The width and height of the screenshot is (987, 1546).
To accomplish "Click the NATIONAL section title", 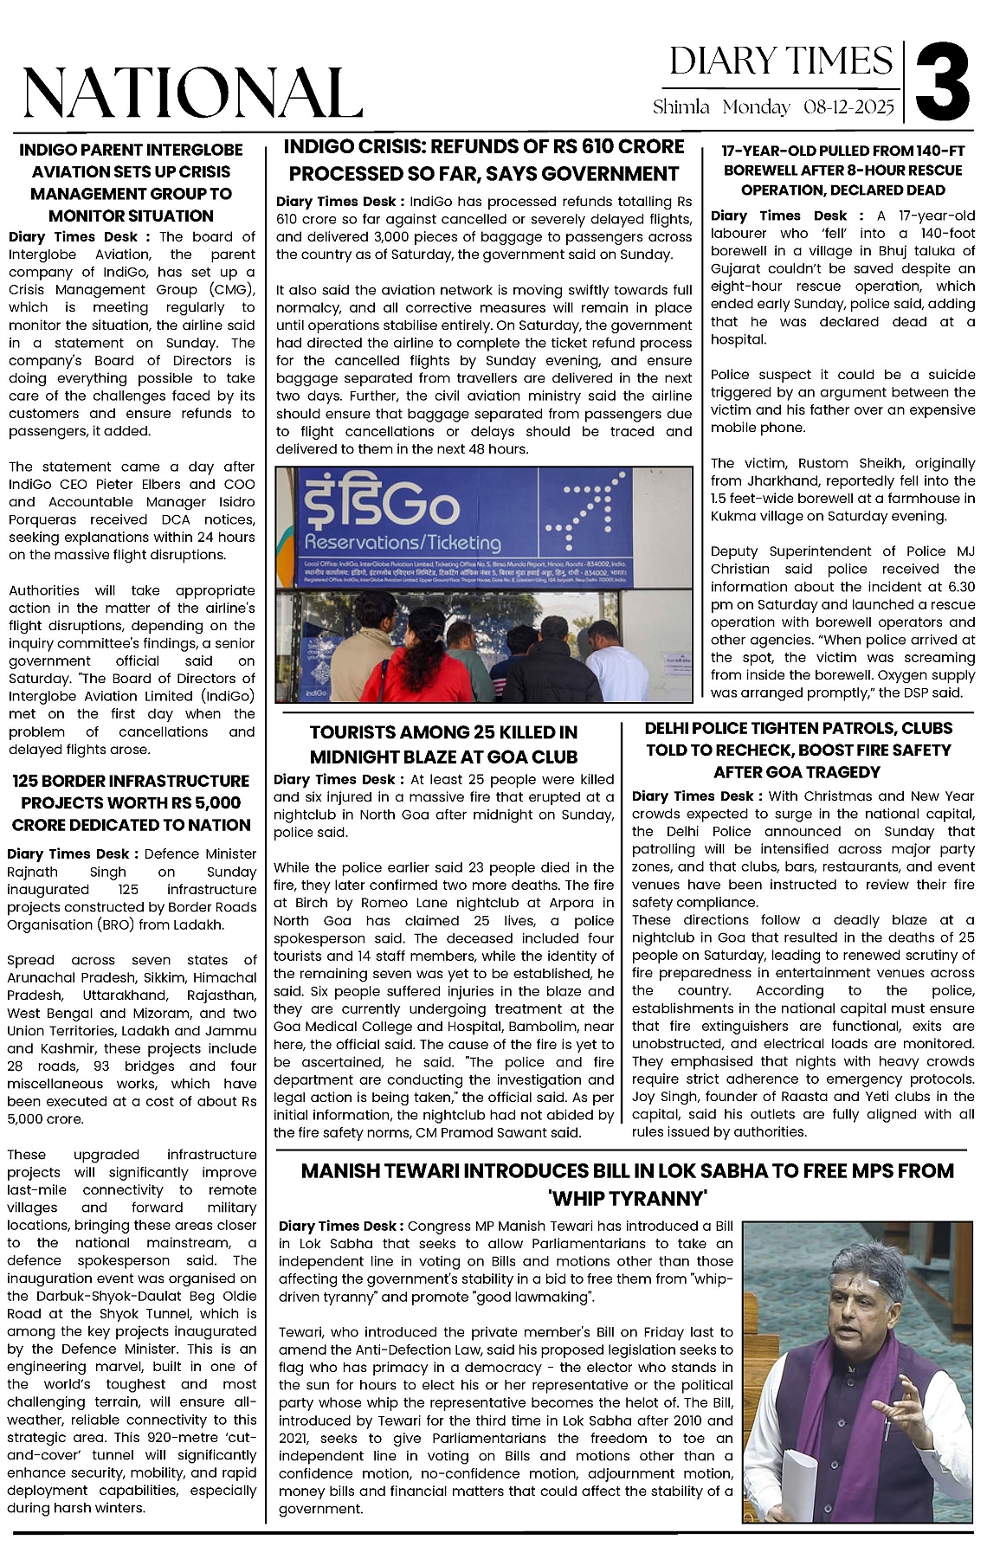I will [x=192, y=92].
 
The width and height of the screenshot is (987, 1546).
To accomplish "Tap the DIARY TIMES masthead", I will [x=781, y=61].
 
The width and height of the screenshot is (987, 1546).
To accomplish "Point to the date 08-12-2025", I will [x=848, y=107].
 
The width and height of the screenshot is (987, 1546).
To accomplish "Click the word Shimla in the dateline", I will [x=681, y=107].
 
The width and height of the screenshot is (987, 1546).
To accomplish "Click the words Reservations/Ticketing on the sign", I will [x=403, y=543].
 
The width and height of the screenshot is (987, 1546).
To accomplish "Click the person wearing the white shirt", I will [x=616, y=667].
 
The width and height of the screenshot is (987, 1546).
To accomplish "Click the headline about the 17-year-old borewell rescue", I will [x=842, y=171].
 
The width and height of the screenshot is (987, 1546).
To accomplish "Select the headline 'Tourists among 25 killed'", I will [x=443, y=744].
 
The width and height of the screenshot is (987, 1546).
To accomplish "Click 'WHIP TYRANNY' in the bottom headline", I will [x=628, y=1198].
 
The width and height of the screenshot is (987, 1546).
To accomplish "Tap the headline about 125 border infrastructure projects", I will [x=132, y=802].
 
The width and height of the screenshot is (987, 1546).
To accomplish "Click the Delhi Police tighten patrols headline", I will [x=798, y=750].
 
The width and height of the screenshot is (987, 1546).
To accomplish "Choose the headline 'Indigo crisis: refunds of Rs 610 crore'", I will [x=484, y=160].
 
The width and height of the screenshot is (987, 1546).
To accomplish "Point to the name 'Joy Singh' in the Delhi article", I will [x=663, y=1097].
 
